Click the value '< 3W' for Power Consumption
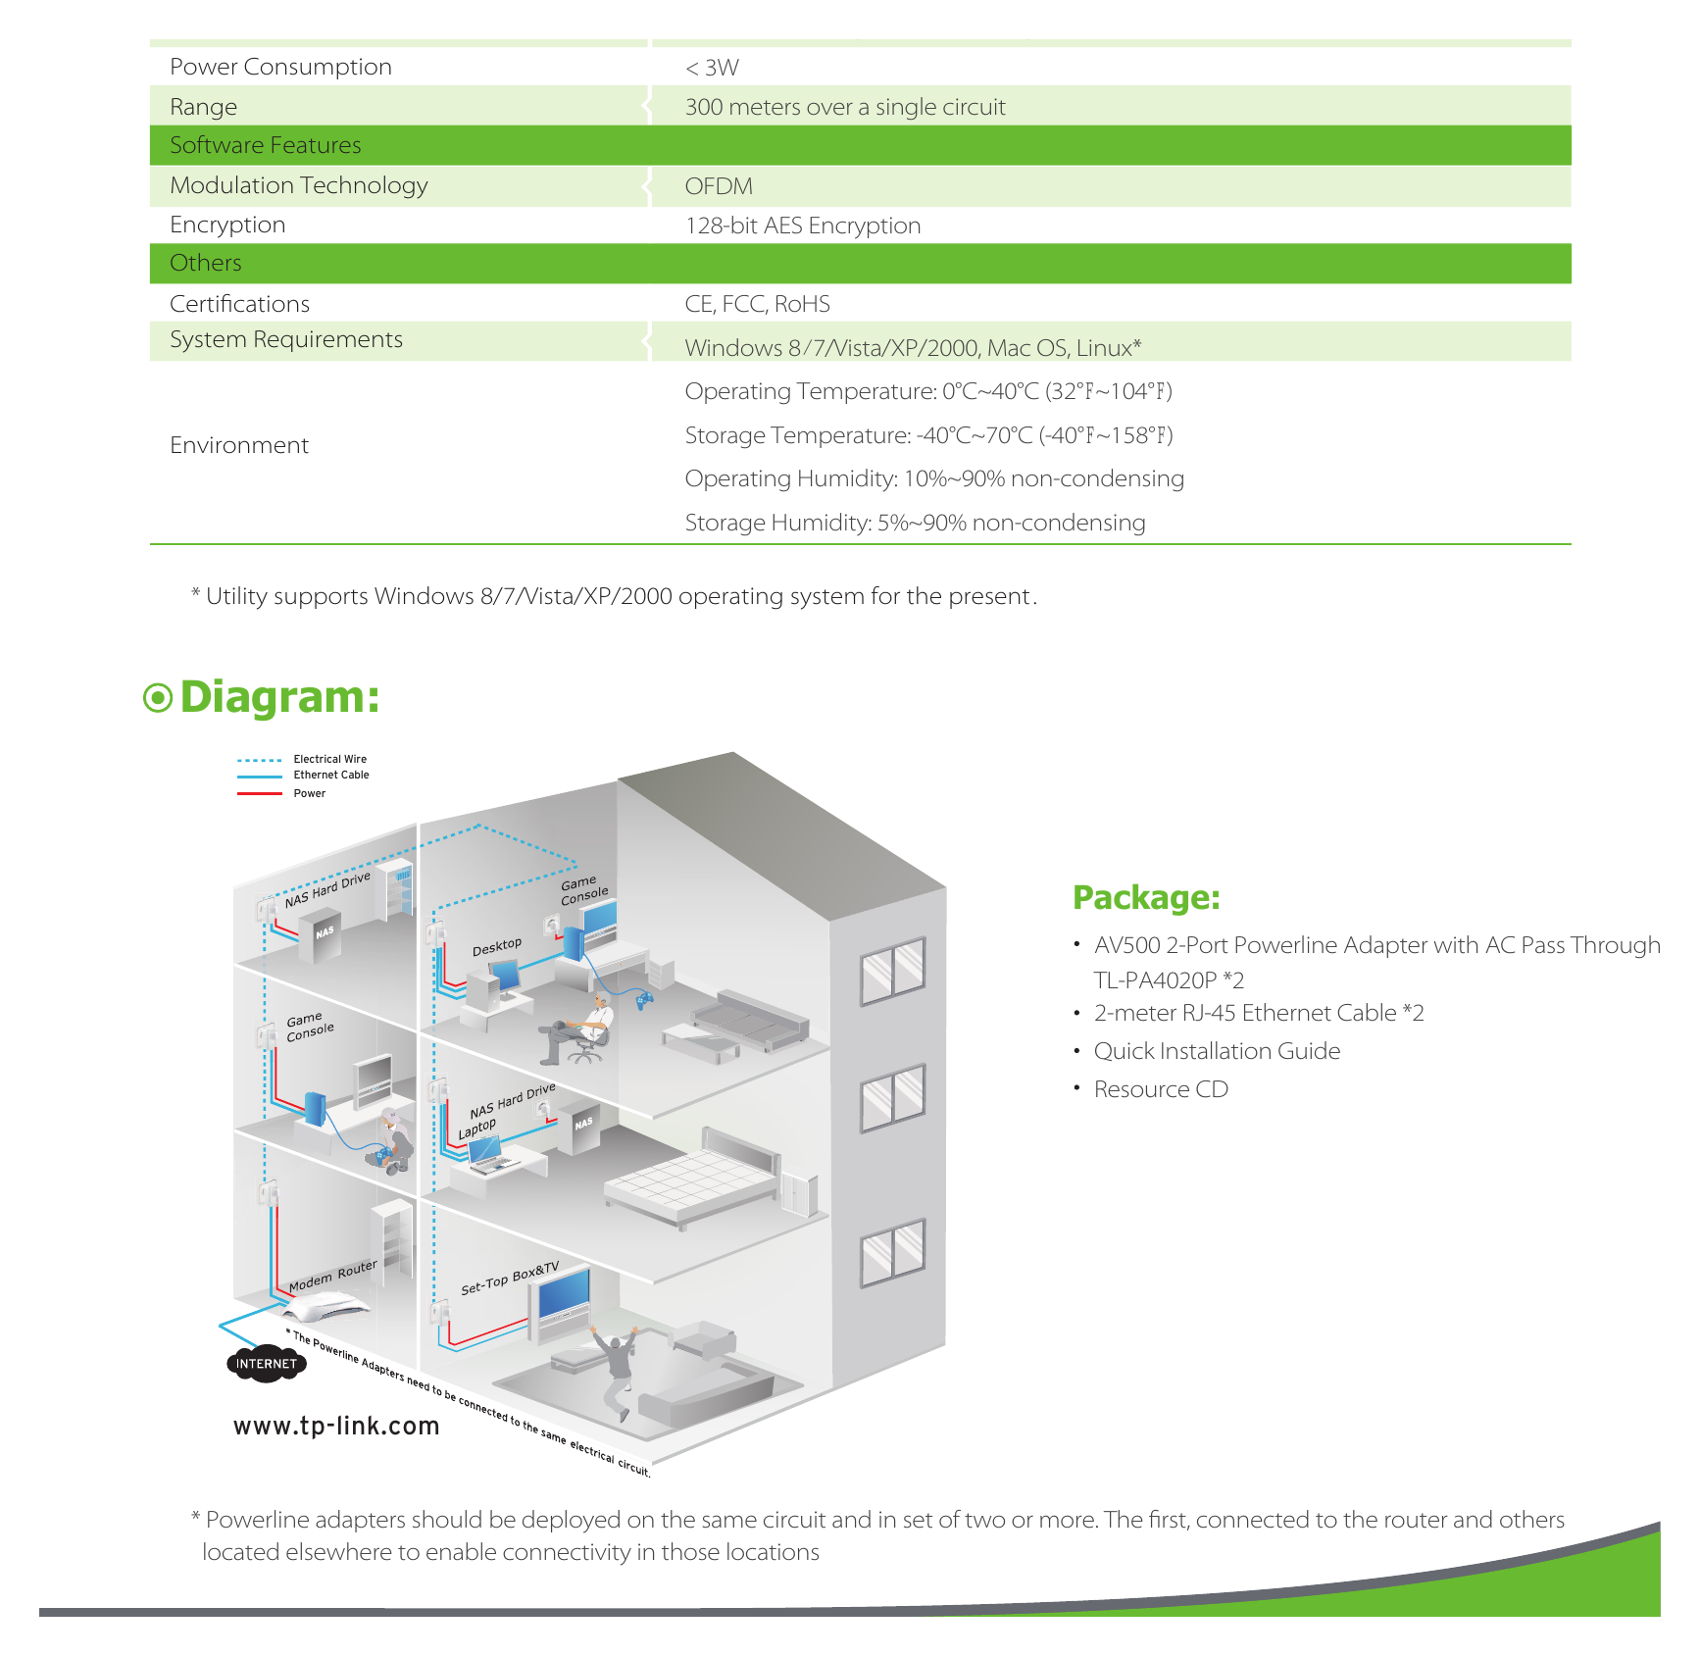tap(712, 68)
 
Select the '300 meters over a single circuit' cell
tap(845, 107)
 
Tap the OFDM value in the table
tap(719, 186)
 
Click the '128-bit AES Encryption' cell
tap(803, 226)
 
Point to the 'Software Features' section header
tap(266, 145)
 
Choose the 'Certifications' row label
tap(240, 304)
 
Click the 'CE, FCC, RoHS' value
tap(758, 304)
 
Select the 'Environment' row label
tap(239, 445)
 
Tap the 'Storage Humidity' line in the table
tap(915, 523)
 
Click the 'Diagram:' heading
tap(279, 697)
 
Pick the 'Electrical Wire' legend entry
tap(330, 759)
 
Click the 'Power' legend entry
tap(310, 793)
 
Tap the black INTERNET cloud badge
tap(266, 1364)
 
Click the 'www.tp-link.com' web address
tap(336, 1426)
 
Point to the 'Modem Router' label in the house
tap(333, 1275)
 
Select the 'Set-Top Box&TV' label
tap(510, 1279)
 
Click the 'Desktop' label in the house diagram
tap(497, 946)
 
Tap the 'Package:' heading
tap(1146, 898)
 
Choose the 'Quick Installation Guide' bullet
tap(1217, 1051)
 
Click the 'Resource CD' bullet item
tap(1161, 1089)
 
